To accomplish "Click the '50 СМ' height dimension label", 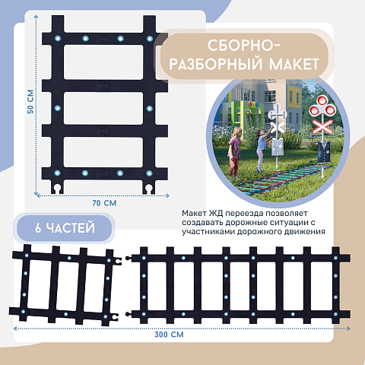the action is pyautogui.click(x=30, y=101).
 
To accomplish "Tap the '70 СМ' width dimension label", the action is pyautogui.click(x=104, y=203).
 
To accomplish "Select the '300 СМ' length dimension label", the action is pyautogui.click(x=169, y=335).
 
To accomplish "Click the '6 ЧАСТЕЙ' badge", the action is pyautogui.click(x=65, y=228).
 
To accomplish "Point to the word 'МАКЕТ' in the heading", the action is pyautogui.click(x=294, y=65).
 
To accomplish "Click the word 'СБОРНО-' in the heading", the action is pyautogui.click(x=244, y=46).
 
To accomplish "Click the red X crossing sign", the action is pyautogui.click(x=322, y=127).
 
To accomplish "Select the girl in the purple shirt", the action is pyautogui.click(x=234, y=151).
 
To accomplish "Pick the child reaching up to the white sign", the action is pyautogui.click(x=262, y=150).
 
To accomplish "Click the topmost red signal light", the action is pyautogui.click(x=322, y=100).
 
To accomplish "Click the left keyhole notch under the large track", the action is pyautogui.click(x=58, y=189).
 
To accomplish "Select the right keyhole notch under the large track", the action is pyautogui.click(x=148, y=189).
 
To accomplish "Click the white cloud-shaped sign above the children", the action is pyautogui.click(x=278, y=113).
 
